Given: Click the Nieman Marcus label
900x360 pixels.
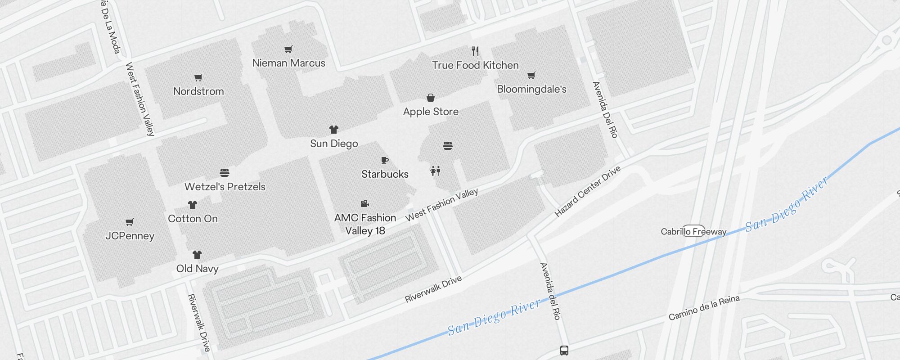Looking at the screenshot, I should (288, 63).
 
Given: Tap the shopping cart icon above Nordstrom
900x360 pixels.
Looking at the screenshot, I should (198, 77).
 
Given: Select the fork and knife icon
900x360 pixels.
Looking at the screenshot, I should (475, 51).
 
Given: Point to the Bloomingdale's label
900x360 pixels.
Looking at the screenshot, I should (531, 89).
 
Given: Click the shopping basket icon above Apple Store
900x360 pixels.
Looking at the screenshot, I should (431, 98).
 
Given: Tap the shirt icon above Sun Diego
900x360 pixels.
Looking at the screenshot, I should (333, 130).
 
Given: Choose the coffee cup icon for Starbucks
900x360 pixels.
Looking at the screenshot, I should (385, 160).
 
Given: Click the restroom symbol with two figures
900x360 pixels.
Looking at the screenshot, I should (435, 171).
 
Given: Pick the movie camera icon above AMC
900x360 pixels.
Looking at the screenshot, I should (365, 203).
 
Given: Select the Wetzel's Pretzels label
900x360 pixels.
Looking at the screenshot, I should (225, 187).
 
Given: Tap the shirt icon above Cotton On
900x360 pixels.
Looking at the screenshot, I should (193, 205).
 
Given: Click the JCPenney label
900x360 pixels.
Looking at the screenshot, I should (130, 236).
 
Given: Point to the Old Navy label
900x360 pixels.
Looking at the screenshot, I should (197, 269).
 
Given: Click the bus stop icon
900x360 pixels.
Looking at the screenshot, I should (564, 350).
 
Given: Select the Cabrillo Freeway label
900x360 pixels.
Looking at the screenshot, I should (693, 232).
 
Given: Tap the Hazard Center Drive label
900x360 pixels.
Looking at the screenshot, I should (587, 191).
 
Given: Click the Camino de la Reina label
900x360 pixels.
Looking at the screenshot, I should (704, 308).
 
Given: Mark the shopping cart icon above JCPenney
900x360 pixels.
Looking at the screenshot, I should (130, 222).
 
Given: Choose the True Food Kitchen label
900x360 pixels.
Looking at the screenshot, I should (475, 65).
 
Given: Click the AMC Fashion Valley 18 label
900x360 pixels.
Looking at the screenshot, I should (365, 224).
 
